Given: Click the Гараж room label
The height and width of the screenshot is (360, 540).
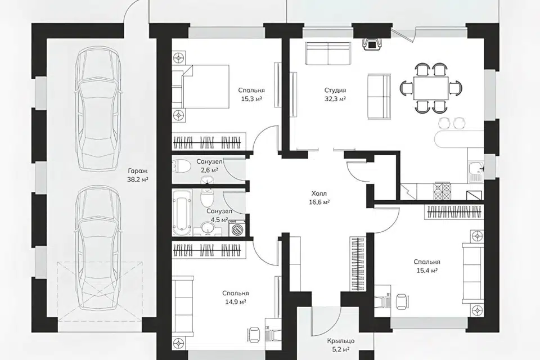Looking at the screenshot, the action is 137,171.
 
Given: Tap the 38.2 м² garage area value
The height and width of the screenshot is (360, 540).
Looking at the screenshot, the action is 137,179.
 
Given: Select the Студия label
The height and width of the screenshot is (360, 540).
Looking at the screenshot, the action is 335,90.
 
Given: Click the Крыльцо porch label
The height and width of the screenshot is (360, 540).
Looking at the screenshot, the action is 341,341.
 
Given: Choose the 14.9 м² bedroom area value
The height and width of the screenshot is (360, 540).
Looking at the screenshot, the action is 235,301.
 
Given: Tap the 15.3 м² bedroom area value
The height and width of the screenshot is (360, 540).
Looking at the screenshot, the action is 251,99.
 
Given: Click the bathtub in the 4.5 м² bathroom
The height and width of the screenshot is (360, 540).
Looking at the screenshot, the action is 182,212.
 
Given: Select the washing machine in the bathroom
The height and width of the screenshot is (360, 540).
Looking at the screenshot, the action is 237,228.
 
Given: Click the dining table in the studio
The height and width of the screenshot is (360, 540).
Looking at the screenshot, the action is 431,88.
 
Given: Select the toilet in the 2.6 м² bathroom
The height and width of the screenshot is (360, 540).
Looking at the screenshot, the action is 181,166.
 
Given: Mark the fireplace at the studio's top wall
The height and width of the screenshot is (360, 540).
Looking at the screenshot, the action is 372,44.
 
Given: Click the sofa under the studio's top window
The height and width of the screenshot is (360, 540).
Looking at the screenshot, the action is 327,53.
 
